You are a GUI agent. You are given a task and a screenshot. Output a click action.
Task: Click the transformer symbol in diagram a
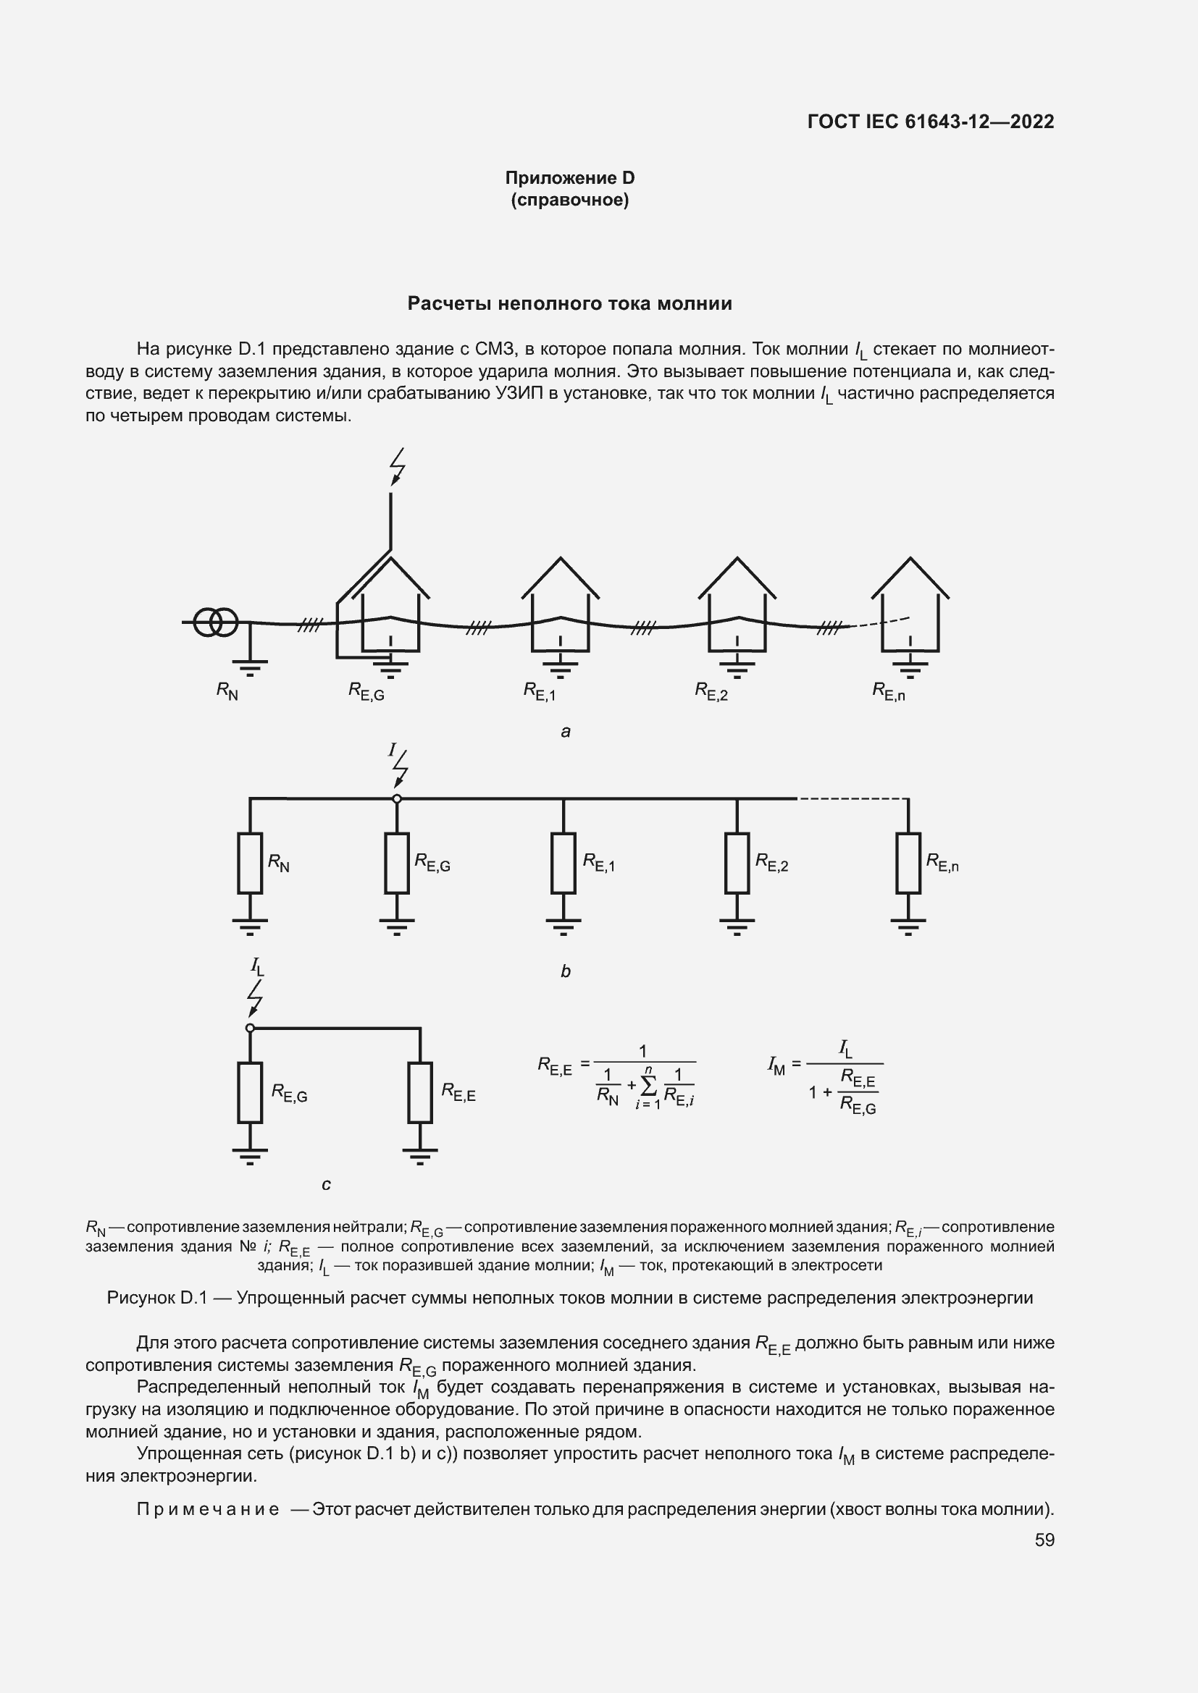coord(215,622)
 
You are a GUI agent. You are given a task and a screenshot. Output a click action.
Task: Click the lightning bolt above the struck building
coord(398,466)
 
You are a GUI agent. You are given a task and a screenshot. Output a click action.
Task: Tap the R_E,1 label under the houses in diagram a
coord(540,691)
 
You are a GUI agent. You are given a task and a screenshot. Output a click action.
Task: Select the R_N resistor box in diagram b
coord(250,863)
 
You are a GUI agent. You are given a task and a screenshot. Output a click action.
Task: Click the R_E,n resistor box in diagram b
coord(908,863)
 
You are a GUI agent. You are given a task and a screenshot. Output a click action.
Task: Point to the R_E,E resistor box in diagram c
coord(420,1092)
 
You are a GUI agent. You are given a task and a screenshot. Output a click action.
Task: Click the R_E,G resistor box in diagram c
coord(250,1092)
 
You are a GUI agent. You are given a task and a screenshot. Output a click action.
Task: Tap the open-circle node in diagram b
coord(397,798)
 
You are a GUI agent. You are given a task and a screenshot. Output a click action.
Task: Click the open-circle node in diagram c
coord(250,1028)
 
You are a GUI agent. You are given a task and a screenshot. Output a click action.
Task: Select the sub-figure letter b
coord(566,971)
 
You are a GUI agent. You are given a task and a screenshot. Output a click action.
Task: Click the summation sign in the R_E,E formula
coord(648,1085)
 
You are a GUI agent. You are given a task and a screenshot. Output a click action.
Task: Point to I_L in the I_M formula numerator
coord(845,1048)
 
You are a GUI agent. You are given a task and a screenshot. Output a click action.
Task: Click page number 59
coord(1044,1540)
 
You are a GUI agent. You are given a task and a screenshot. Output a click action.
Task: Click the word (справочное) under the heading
coord(569,200)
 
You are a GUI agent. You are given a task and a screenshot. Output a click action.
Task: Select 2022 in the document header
coord(1032,122)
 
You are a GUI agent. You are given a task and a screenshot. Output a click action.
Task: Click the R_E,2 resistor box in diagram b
coord(737,863)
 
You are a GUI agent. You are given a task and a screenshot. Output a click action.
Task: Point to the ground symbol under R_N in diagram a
coord(250,667)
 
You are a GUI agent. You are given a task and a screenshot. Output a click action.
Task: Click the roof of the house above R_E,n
coord(910,576)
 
